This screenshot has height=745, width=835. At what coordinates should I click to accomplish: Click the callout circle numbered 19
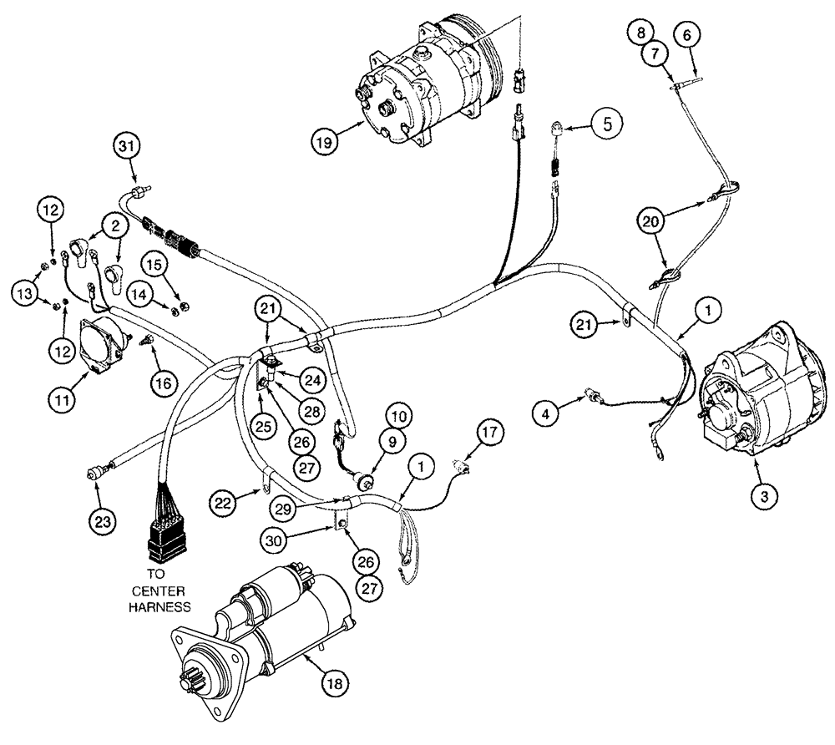(x=326, y=140)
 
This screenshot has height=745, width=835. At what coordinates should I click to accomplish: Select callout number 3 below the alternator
(x=765, y=494)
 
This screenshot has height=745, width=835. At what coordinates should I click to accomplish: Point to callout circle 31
(x=127, y=148)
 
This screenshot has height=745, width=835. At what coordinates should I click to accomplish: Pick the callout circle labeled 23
(x=688, y=35)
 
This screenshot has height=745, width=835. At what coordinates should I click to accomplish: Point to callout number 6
(x=688, y=35)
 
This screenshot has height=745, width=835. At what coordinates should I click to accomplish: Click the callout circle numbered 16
(x=164, y=383)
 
